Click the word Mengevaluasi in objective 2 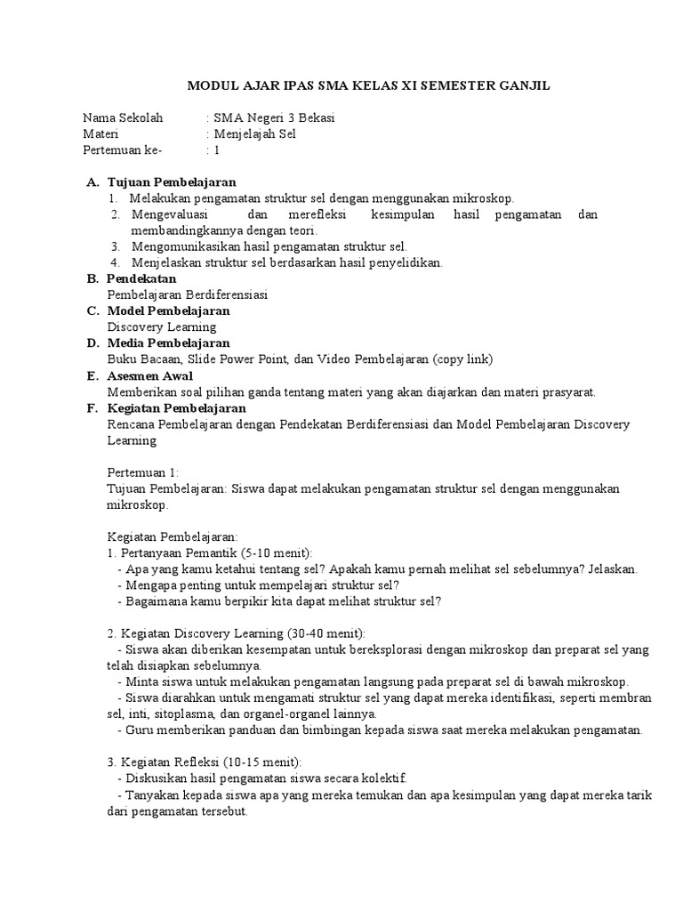[173, 214]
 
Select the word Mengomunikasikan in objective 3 [191, 246]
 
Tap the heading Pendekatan [143, 278]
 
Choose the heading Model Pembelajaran [169, 310]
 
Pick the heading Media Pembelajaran [169, 343]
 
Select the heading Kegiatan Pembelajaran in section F [177, 407]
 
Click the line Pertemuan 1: [143, 472]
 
